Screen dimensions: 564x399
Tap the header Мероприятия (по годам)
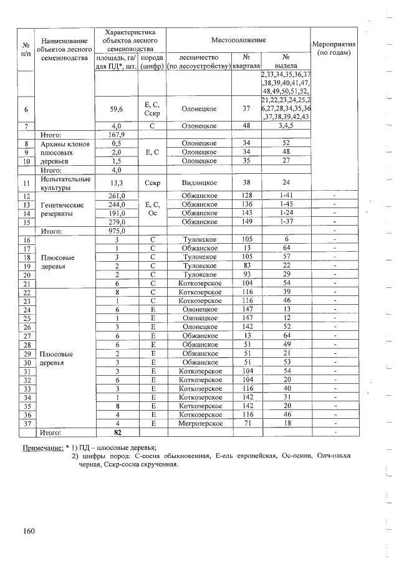click(x=337, y=49)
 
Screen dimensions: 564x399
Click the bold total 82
click(x=116, y=431)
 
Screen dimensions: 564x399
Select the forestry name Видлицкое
click(x=199, y=183)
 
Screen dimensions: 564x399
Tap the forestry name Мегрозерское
click(x=199, y=423)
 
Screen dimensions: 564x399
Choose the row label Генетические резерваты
click(x=62, y=209)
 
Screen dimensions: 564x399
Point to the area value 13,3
click(x=117, y=183)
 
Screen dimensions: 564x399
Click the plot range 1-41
click(x=286, y=196)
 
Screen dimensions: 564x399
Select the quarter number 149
click(x=246, y=222)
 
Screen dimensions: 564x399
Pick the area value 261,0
click(x=117, y=196)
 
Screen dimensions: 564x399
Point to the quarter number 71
click(x=246, y=423)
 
